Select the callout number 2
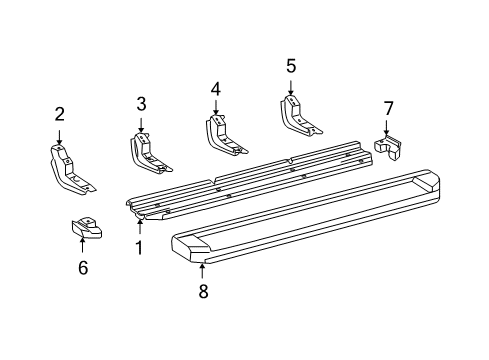[x=59, y=113]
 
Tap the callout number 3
[x=141, y=103]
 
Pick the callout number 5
[x=291, y=66]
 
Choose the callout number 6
[x=83, y=267]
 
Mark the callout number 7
[x=389, y=107]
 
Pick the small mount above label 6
[x=86, y=228]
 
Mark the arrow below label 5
[x=291, y=87]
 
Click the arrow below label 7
[x=387, y=127]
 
